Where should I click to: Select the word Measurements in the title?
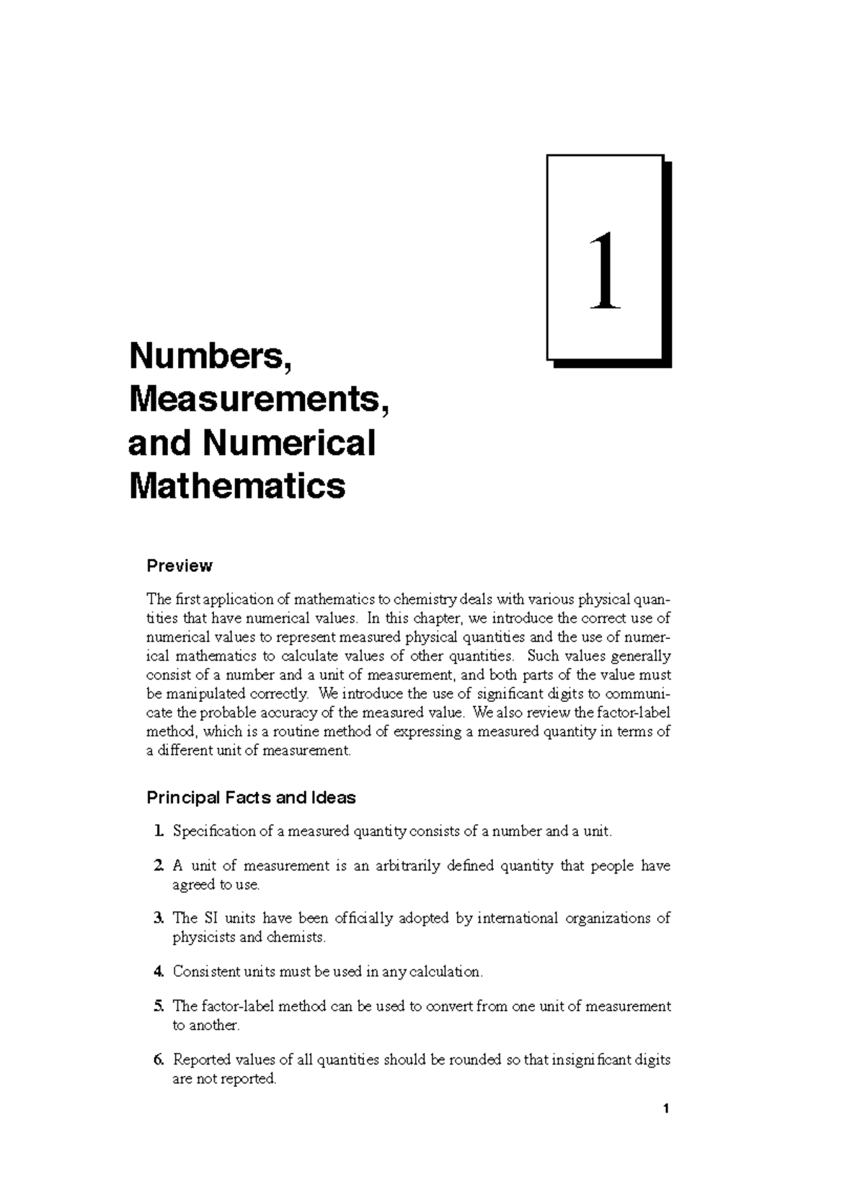[258, 400]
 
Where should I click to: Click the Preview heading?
[179, 566]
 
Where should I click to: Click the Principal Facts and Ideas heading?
[251, 798]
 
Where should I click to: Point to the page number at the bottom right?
[667, 1109]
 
